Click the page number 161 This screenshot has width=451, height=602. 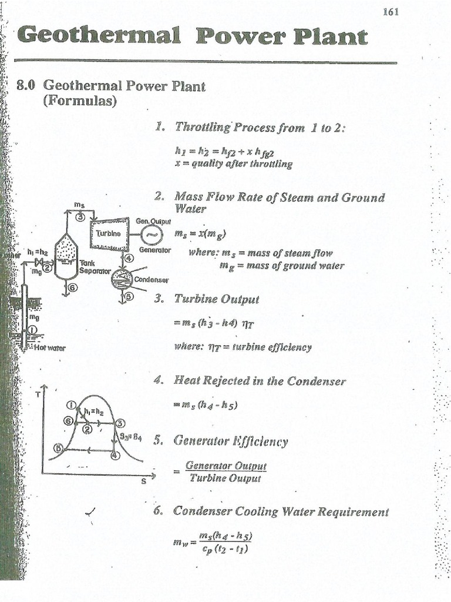pyautogui.click(x=391, y=12)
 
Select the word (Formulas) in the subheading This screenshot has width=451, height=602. pyautogui.click(x=79, y=101)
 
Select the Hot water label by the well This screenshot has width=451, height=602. pyautogui.click(x=50, y=347)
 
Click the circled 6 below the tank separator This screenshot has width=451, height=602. pyautogui.click(x=73, y=287)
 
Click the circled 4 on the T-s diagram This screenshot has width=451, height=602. pyautogui.click(x=115, y=455)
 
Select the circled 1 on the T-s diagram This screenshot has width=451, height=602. pyautogui.click(x=71, y=404)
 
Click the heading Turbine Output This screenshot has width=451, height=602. pyautogui.click(x=216, y=299)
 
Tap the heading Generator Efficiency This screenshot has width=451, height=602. pyautogui.click(x=231, y=442)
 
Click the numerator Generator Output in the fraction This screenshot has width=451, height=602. pyautogui.click(x=225, y=466)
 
